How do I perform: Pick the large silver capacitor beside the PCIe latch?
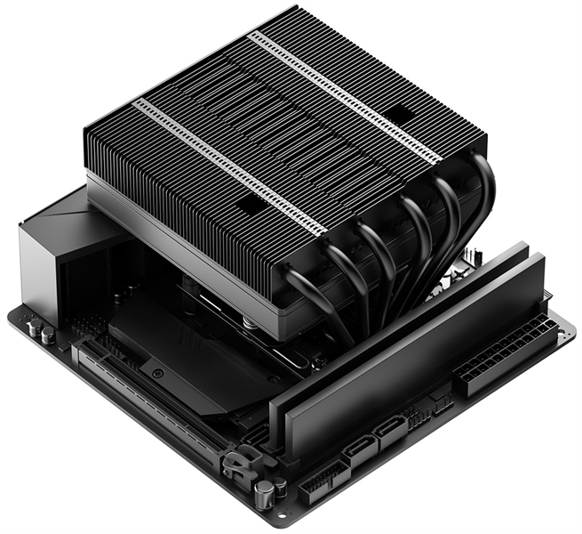(x=263, y=495)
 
